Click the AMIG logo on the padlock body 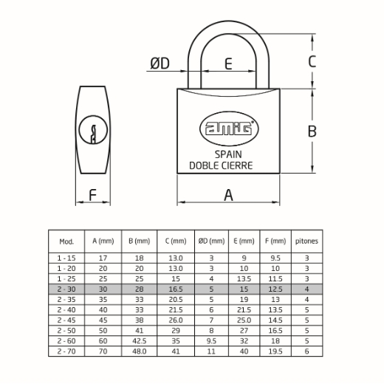point(229,128)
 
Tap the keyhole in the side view point(93,130)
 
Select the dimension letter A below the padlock point(228,195)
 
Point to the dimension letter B point(312,131)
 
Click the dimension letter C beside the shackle point(312,61)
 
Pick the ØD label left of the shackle point(160,64)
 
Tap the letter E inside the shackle point(228,64)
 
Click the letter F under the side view point(92,195)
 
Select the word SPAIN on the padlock point(228,154)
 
